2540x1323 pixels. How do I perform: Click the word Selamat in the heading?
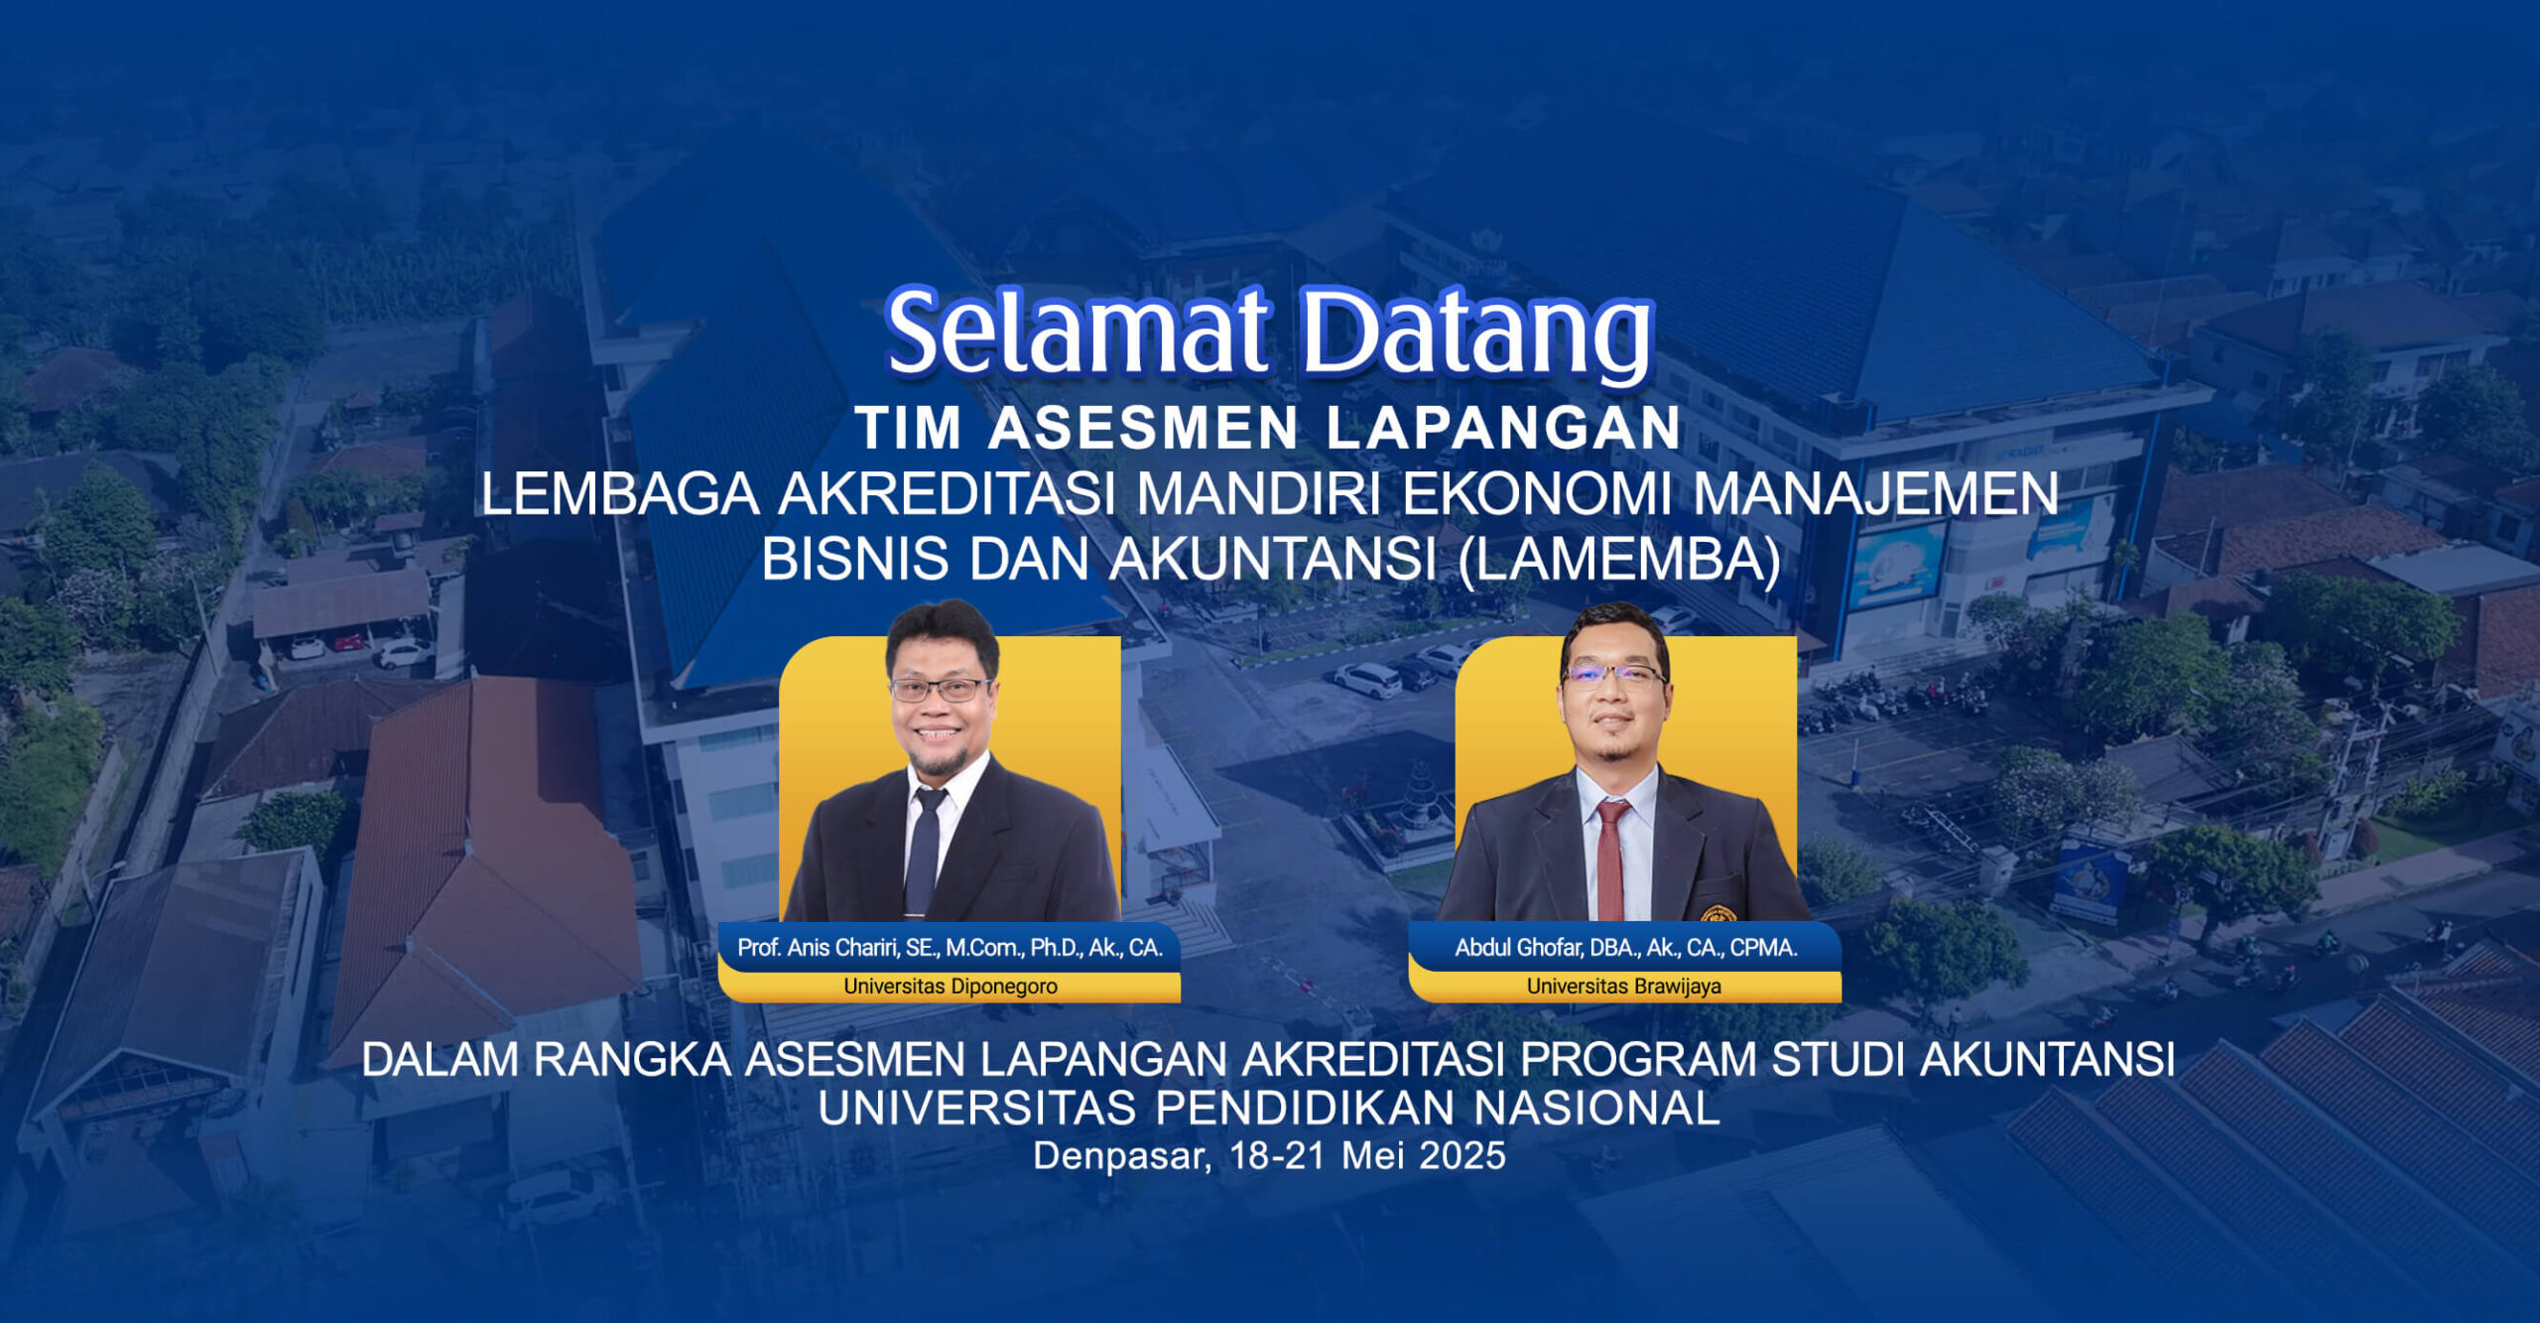[x=1076, y=332]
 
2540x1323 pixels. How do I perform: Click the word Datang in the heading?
[x=1476, y=334]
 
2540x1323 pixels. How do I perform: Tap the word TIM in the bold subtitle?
[x=909, y=428]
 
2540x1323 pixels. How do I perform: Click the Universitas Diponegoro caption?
[x=950, y=987]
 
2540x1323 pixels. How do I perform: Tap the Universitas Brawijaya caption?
[x=1623, y=987]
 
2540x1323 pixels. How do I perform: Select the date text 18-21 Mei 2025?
[x=1367, y=1156]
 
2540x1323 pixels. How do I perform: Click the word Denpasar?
[x=1119, y=1156]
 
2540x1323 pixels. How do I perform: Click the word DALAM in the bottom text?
[x=440, y=1060]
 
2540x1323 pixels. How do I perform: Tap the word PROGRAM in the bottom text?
[x=1638, y=1060]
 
